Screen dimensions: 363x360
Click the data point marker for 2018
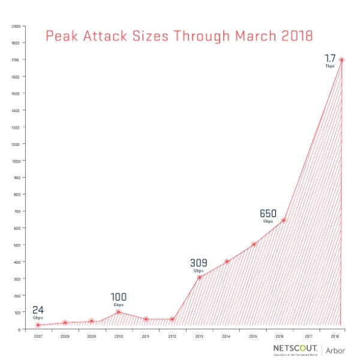click(341, 60)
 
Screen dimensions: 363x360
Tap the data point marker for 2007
click(38, 325)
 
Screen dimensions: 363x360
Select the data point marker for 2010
click(118, 312)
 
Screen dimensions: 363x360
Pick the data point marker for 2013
click(199, 277)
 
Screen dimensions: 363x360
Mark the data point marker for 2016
click(283, 220)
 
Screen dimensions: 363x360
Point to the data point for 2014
click(227, 262)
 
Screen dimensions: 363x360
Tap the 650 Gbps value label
click(268, 215)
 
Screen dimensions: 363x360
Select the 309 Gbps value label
click(199, 265)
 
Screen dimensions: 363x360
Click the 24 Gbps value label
click(38, 313)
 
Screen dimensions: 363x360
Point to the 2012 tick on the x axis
click(172, 337)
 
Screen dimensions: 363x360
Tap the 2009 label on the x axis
click(91, 337)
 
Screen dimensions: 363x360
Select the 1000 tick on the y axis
click(16, 161)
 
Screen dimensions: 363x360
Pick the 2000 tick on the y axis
click(16, 26)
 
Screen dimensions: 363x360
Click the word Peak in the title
click(64, 37)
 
